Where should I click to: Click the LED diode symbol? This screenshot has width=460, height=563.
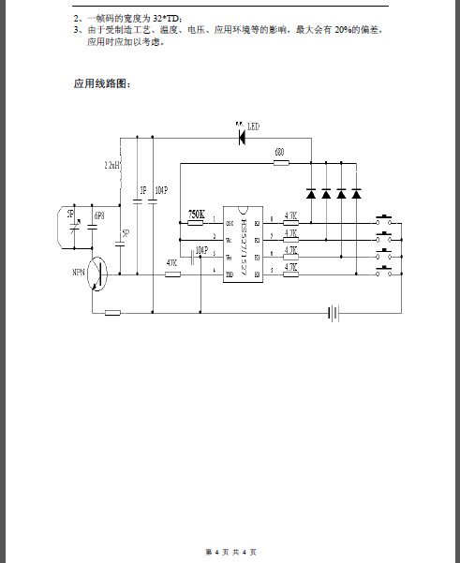point(242,137)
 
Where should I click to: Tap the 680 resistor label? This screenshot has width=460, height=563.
point(279,152)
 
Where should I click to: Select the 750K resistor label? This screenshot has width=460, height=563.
point(197,214)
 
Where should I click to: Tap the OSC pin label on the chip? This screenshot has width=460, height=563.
point(228,221)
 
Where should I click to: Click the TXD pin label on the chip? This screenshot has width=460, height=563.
point(228,273)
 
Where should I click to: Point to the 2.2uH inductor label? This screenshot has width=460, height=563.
point(111,165)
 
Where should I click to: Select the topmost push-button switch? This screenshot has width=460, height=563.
point(384,221)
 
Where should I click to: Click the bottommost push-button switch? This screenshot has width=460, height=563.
point(384,273)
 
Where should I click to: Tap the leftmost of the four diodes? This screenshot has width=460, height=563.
point(310,194)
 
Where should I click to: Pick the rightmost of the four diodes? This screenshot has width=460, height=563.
point(356,194)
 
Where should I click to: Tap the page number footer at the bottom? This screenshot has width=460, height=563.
point(230,551)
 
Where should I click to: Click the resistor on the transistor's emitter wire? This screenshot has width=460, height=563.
point(113,312)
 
